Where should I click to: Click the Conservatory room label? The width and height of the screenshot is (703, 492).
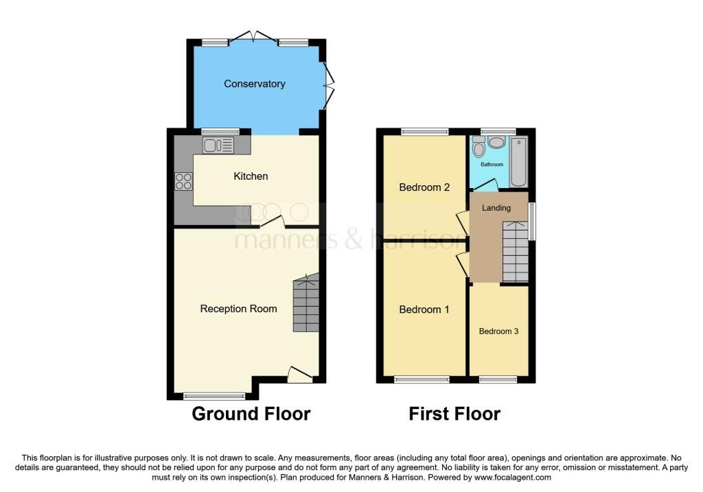[x=254, y=84]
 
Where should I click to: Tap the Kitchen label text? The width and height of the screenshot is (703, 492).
[x=251, y=176]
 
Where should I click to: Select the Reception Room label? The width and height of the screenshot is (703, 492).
[x=238, y=309]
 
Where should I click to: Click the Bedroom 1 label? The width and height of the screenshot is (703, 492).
[x=424, y=309]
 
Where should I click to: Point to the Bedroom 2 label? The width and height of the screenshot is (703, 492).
[x=424, y=187]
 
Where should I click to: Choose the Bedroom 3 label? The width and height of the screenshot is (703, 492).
[x=498, y=331]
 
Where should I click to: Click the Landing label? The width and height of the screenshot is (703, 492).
[x=496, y=208]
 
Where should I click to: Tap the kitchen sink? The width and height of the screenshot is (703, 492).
[x=218, y=145]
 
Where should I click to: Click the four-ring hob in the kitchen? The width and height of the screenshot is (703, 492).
[x=183, y=181]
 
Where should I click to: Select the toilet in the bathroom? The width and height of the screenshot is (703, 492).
[x=479, y=147]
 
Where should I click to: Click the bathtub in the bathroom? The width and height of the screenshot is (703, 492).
[x=519, y=162]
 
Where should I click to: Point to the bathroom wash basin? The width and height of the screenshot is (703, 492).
[x=497, y=142]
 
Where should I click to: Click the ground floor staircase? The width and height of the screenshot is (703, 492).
[x=306, y=305]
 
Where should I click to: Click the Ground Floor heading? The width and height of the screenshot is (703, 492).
[x=251, y=414]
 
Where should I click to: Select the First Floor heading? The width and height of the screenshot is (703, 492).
[x=454, y=414]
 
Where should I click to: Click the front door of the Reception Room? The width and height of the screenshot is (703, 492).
[x=299, y=374]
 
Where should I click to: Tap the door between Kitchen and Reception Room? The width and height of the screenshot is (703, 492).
[x=272, y=222]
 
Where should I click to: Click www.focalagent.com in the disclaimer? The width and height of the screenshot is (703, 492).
[x=512, y=478]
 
